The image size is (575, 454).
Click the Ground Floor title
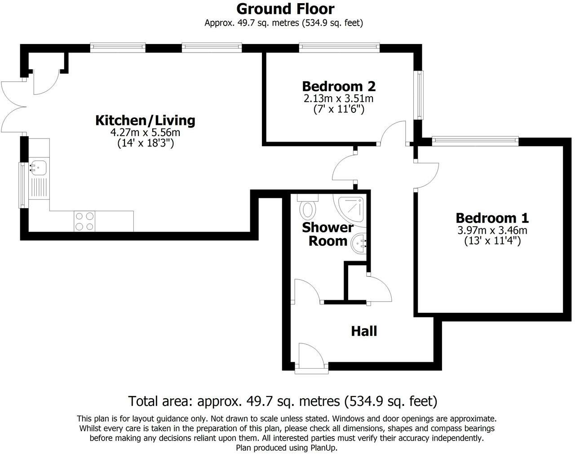pos(285,9)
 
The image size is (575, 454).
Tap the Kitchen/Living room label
pos(145,120)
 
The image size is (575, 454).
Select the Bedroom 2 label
pos(339,86)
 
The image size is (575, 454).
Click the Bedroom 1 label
pos(492,218)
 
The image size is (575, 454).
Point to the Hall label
pos(363,331)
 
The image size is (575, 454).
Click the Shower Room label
pos(327,234)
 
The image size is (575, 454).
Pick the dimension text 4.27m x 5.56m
pos(145,133)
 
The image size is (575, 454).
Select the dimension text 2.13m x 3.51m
pos(339,98)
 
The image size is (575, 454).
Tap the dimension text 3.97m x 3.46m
pos(492,231)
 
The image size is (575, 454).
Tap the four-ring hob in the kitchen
pos(84,221)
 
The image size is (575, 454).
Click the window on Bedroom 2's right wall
pos(419,95)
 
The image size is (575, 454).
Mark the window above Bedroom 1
pos(475,141)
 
